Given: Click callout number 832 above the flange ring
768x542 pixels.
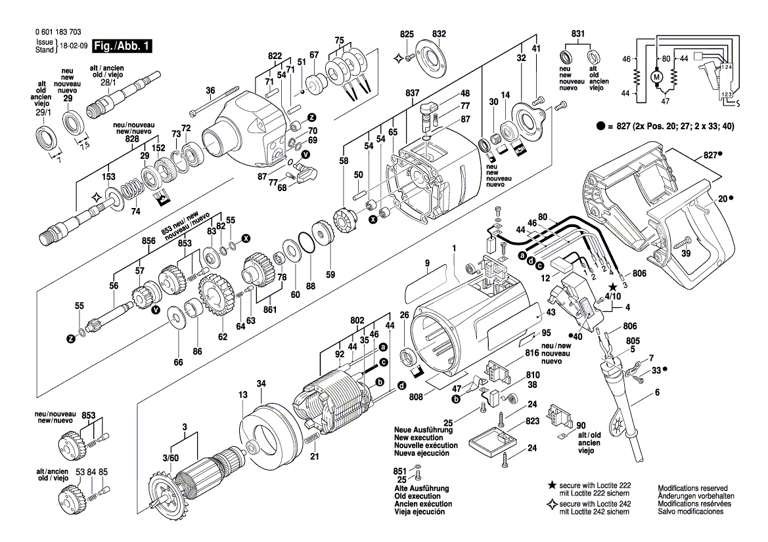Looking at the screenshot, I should [x=439, y=33].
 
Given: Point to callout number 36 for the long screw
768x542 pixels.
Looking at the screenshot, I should [x=210, y=91].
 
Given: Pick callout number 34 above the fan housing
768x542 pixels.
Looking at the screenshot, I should [x=261, y=383].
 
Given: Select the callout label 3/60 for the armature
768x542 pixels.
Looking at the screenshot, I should [x=170, y=457].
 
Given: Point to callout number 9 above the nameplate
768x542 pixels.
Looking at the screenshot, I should [x=426, y=264].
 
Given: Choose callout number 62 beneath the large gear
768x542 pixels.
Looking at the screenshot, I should [x=223, y=337].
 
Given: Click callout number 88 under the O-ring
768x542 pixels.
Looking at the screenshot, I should [x=311, y=285].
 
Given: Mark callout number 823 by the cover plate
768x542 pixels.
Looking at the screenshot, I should [x=531, y=421].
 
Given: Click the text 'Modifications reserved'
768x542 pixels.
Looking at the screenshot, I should [x=692, y=488].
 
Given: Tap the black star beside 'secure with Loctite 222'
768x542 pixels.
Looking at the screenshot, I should [x=552, y=486].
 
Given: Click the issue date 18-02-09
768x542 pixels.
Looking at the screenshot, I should [x=73, y=47].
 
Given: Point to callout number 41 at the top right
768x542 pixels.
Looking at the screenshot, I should [x=536, y=49].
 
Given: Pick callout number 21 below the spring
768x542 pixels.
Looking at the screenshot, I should [x=315, y=456].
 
